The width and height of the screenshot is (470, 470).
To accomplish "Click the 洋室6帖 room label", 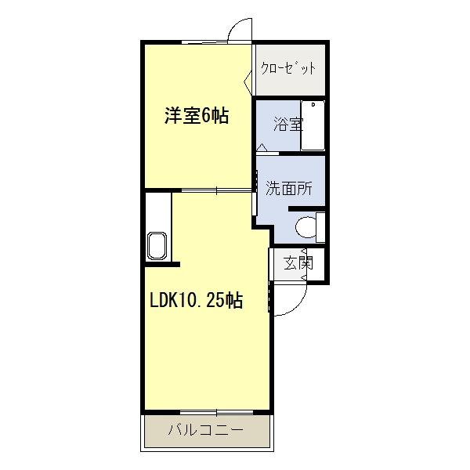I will point(196,116).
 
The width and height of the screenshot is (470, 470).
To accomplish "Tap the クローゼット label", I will point(289,67).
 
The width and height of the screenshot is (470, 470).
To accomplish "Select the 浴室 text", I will point(287,123).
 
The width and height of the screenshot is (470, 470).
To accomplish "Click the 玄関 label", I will point(297,262).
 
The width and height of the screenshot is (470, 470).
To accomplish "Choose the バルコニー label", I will point(206,429).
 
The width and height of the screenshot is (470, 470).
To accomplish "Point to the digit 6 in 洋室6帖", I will point(205,116).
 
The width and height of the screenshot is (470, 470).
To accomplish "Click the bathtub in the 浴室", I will point(313,125).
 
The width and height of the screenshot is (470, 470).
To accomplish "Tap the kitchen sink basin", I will point(156,245).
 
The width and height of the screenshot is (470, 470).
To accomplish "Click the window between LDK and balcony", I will point(207,411).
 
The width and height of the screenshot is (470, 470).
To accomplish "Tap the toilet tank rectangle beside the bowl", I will point(320,226).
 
